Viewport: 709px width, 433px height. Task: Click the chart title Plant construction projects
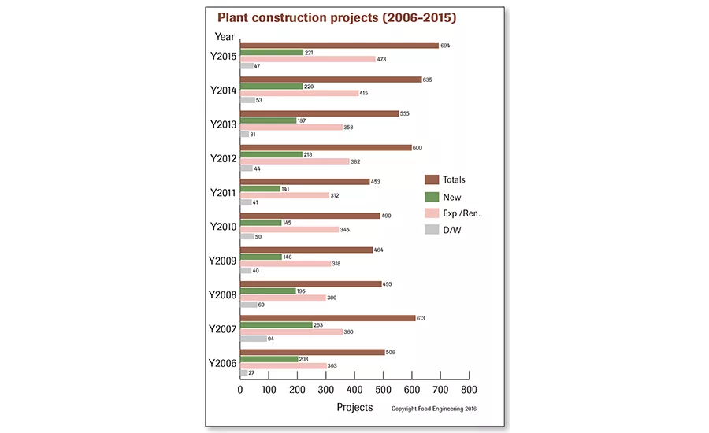(x=336, y=17)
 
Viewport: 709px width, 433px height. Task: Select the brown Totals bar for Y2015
(x=339, y=45)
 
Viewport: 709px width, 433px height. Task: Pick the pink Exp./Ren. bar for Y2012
(x=295, y=161)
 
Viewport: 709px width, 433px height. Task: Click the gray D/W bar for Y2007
(x=253, y=339)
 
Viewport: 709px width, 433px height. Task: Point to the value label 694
(x=445, y=45)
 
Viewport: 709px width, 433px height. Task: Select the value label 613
(x=421, y=317)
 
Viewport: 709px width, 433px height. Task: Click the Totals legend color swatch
(x=431, y=179)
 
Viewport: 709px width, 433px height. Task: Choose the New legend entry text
(x=452, y=198)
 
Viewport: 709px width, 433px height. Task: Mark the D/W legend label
(x=452, y=230)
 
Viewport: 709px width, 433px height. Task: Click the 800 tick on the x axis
(x=469, y=389)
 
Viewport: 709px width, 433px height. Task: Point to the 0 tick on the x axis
(x=240, y=389)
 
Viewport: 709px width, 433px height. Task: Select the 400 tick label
(x=354, y=389)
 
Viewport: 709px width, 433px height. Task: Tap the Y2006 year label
(x=223, y=363)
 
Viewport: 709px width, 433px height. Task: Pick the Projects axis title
(x=354, y=408)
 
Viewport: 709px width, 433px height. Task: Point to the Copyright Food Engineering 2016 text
(x=434, y=409)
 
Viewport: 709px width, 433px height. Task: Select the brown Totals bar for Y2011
(x=305, y=181)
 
